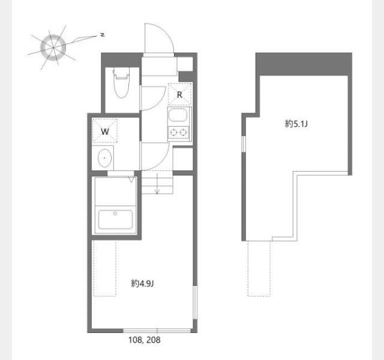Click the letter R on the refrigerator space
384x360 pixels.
[179, 95]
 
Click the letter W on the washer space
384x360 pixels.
[105, 131]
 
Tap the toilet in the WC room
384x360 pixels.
[121, 83]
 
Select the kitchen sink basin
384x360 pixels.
[178, 115]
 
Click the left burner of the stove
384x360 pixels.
[173, 133]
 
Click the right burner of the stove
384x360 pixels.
[183, 133]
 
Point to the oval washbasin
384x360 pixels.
[105, 158]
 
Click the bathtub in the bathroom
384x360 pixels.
[115, 220]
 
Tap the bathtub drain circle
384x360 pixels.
[115, 214]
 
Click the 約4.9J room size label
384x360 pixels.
[142, 284]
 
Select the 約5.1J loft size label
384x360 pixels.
[296, 124]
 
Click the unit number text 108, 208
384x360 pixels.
[145, 340]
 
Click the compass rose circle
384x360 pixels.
[53, 47]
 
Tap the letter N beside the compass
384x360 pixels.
[103, 35]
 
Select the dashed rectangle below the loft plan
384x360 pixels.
[259, 269]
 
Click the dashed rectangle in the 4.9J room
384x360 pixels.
[105, 269]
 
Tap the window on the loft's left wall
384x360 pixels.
[244, 144]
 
